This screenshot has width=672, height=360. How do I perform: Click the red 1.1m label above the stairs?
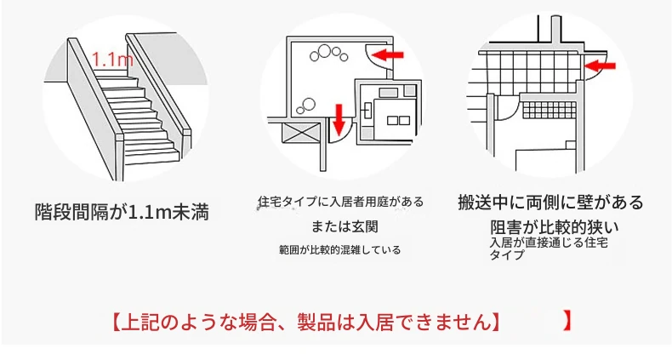[112, 59]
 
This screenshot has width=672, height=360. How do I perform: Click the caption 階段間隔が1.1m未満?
[122, 212]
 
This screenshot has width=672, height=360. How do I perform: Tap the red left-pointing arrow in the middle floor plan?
[387, 54]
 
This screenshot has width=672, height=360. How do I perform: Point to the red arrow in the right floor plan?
[600, 66]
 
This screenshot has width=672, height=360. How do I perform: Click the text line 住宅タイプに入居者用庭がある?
[341, 202]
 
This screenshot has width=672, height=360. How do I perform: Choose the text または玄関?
[345, 226]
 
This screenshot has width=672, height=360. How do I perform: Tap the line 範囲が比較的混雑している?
[340, 250]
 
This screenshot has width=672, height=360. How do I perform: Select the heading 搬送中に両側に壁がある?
[550, 203]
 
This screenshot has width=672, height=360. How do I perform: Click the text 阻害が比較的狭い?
[555, 227]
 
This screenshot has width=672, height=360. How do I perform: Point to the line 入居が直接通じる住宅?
[549, 243]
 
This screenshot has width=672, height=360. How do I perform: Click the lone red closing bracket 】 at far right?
[567, 321]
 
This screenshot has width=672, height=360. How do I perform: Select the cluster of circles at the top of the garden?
[329, 53]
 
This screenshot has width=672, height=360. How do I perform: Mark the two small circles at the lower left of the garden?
[306, 106]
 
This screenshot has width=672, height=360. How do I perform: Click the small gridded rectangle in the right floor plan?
[548, 111]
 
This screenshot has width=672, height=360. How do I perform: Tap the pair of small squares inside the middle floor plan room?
[398, 121]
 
